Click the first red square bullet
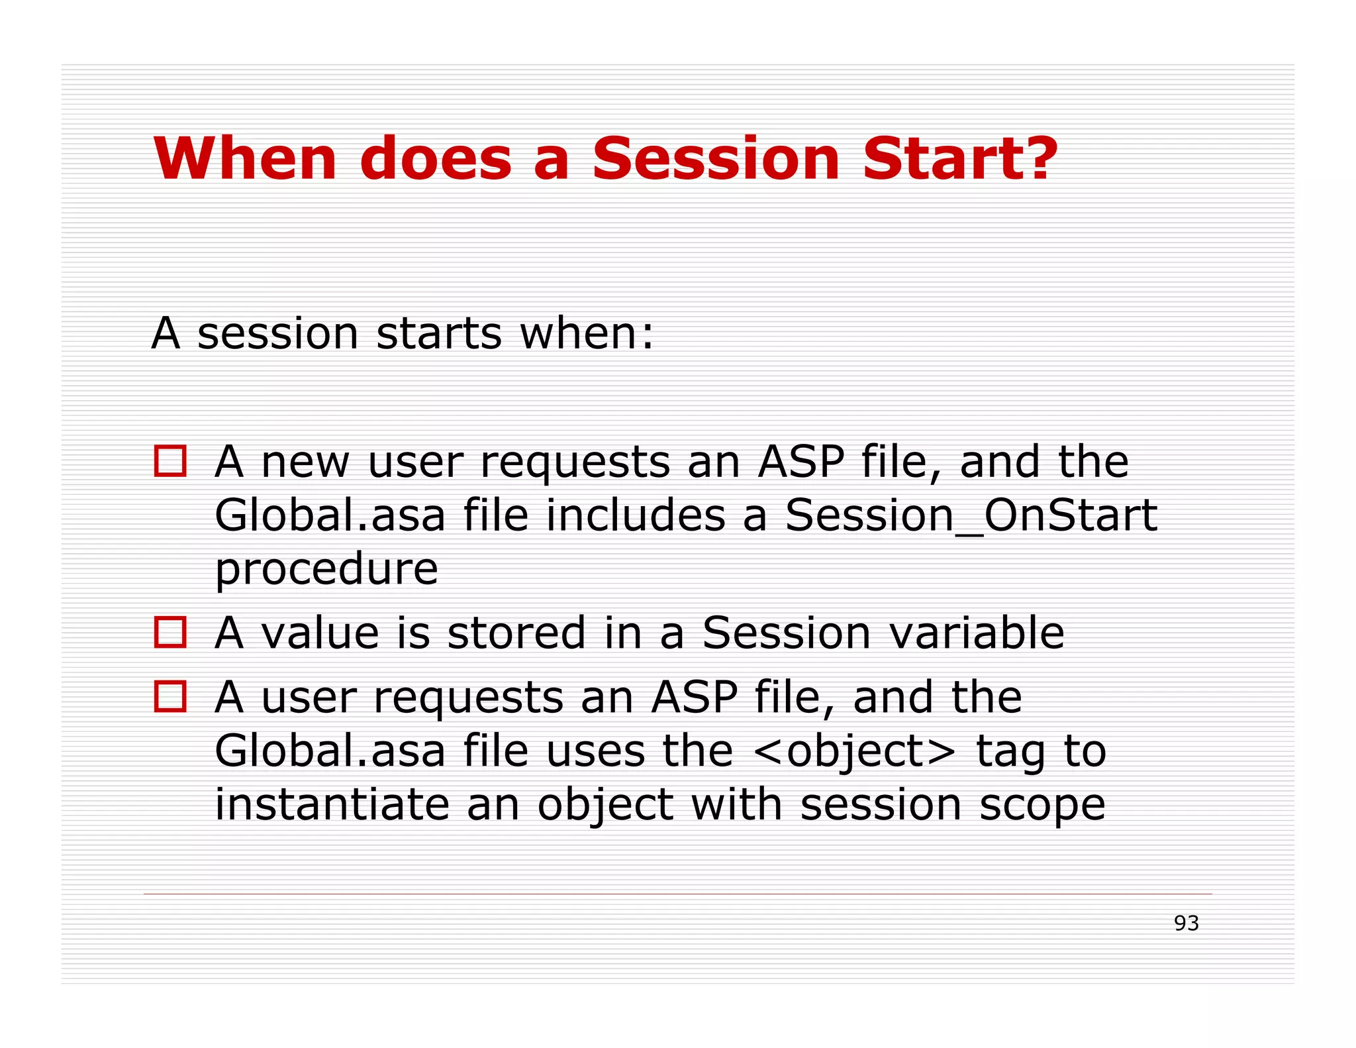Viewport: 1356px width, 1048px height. (x=170, y=460)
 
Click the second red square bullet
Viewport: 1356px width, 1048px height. (x=170, y=631)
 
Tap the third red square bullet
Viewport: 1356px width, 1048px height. (x=170, y=696)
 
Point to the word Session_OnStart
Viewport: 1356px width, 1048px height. (x=971, y=516)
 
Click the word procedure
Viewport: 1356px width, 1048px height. (x=326, y=570)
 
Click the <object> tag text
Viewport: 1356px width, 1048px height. (x=854, y=752)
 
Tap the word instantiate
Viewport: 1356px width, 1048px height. (x=332, y=805)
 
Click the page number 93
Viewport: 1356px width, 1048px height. (x=1186, y=923)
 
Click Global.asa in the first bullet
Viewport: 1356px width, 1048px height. (x=330, y=516)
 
